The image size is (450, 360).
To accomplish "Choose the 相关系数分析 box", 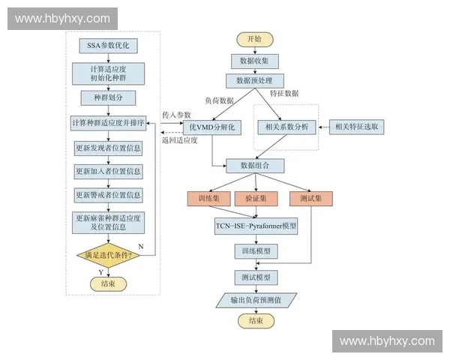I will click(x=287, y=127).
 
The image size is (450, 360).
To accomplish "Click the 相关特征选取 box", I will click(x=357, y=127).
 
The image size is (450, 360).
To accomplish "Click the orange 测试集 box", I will click(x=310, y=199).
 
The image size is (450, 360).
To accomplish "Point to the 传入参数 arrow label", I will click(x=176, y=114).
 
